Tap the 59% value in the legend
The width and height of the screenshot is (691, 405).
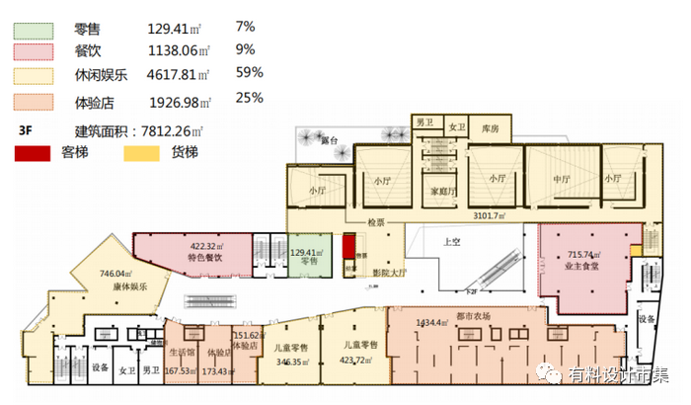pos(249,72)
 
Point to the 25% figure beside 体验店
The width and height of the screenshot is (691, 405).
pos(249,98)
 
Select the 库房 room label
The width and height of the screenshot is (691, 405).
pos(490,128)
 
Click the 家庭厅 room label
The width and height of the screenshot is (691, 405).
pos(441,192)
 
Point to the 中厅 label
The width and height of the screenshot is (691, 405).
pos(561,180)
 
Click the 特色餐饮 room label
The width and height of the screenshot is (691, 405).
pos(206,258)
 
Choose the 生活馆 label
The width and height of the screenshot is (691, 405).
pos(181,352)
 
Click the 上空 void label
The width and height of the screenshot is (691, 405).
pos(452,240)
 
